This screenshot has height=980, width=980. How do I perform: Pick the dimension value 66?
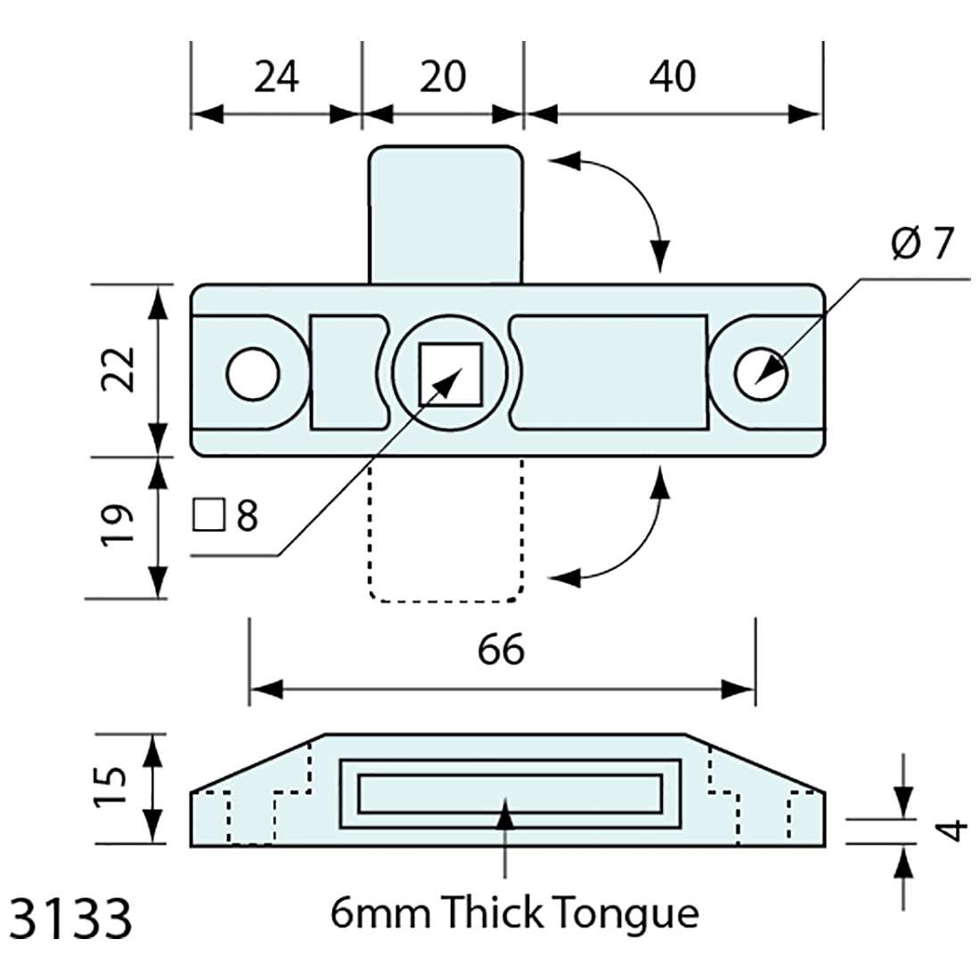pos(502,650)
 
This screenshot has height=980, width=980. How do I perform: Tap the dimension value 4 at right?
pos(953,830)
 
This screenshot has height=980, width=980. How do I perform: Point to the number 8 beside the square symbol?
pos(247,517)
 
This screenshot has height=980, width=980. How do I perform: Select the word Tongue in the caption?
pos(625,913)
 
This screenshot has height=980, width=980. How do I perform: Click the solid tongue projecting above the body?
pos(445,214)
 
